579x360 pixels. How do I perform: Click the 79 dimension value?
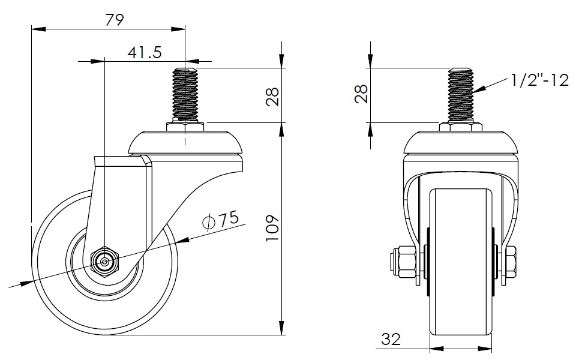[115, 20]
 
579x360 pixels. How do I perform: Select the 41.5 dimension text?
[145, 52]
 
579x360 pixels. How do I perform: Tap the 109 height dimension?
[273, 228]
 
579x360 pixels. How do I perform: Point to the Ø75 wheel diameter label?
[221, 220]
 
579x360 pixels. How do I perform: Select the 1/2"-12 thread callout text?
[540, 80]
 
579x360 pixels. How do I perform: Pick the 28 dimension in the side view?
[273, 97]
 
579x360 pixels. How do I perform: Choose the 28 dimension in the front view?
[361, 94]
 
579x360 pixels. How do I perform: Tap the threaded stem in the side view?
[185, 95]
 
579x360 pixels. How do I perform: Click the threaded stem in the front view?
[460, 95]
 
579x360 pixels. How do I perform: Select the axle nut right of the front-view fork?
[509, 262]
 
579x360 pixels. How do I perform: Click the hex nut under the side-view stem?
[185, 126]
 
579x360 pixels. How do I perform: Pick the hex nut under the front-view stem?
[460, 126]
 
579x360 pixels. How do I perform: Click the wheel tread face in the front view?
[461, 262]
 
